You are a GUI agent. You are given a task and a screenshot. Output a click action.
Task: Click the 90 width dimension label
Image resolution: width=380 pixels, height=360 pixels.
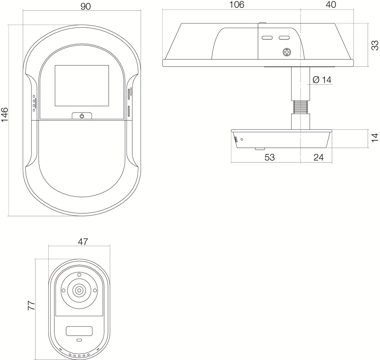click(x=85, y=6)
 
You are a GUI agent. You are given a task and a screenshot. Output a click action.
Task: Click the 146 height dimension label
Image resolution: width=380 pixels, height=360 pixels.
click(x=5, y=115)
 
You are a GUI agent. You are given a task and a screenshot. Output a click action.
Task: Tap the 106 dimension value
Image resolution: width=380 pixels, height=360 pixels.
click(x=236, y=5)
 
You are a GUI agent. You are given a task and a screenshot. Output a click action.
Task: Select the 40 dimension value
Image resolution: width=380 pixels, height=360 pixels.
click(x=331, y=5)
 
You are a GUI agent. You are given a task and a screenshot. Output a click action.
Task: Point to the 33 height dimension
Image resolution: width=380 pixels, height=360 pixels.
click(x=375, y=45)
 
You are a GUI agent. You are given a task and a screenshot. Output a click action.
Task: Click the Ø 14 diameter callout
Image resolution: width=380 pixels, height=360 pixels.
click(x=322, y=79)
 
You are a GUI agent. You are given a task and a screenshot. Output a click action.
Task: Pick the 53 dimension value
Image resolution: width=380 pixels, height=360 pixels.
click(x=269, y=157)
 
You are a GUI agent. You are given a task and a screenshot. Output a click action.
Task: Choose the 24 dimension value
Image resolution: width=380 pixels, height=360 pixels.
click(x=318, y=157)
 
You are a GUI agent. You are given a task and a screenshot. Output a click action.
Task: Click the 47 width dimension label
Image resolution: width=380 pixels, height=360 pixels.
click(x=82, y=242)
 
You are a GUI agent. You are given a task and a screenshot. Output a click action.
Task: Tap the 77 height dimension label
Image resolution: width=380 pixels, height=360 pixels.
click(x=32, y=306)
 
